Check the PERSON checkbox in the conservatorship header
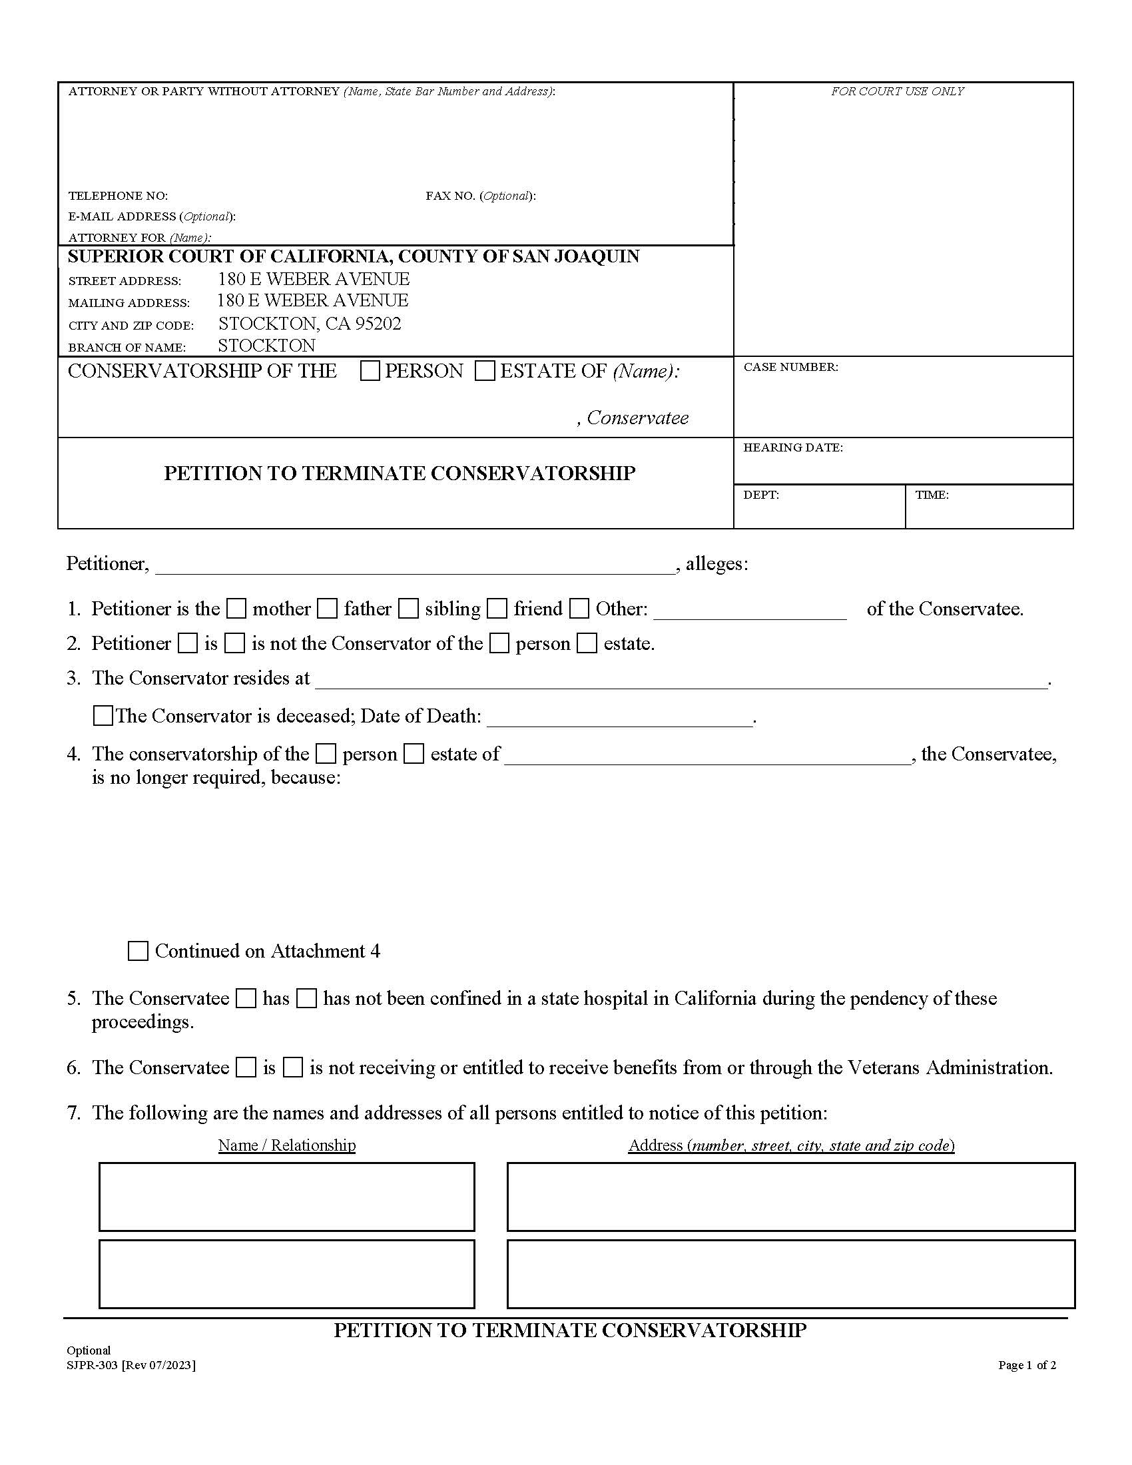tap(370, 371)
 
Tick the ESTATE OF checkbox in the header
tap(484, 371)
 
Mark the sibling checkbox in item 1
tap(408, 609)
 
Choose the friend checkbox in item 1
tap(497, 609)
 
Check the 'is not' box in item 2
tap(234, 644)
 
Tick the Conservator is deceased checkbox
tap(103, 716)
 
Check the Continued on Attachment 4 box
tap(137, 951)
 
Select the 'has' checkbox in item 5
tap(247, 999)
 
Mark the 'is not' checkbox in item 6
tap(293, 1068)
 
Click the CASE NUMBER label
tap(790, 367)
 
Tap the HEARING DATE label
tap(792, 447)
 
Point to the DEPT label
tap(760, 495)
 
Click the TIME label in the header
tap(932, 495)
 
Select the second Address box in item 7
tap(790, 1274)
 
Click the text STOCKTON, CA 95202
tap(309, 324)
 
